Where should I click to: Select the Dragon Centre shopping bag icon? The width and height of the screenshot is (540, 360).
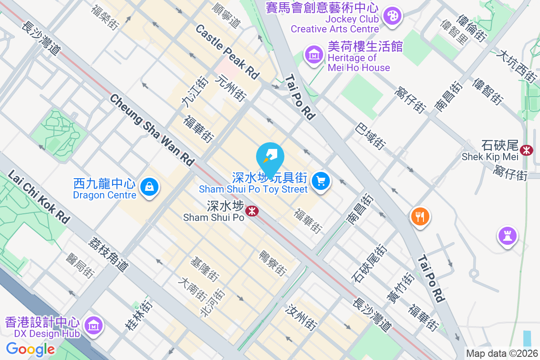(x=148, y=186)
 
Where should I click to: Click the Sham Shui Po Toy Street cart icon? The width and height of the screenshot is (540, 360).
(x=320, y=181)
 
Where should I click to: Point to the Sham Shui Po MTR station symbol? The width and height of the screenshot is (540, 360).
(x=252, y=210)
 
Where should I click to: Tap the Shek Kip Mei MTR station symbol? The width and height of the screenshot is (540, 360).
(x=526, y=150)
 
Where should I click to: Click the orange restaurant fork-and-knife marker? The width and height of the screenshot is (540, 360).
(x=420, y=217)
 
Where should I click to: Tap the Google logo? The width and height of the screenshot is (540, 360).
(x=30, y=349)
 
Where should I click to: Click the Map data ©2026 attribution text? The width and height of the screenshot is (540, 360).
(x=502, y=353)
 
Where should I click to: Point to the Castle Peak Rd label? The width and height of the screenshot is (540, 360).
(x=228, y=52)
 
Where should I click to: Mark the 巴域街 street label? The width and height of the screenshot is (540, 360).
(x=370, y=136)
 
